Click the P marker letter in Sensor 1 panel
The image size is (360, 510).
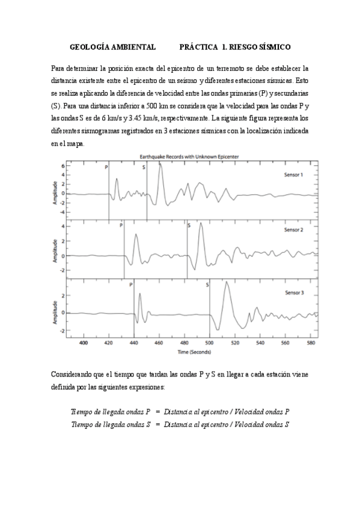(x=107, y=167)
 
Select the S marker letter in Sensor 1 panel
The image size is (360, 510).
(x=144, y=167)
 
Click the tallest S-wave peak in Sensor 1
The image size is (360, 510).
(x=160, y=164)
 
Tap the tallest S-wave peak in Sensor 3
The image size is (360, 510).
(x=226, y=283)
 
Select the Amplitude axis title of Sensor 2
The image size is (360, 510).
(x=55, y=249)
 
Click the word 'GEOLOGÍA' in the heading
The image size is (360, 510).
(x=90, y=46)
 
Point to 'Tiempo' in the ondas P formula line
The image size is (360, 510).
(x=82, y=411)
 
